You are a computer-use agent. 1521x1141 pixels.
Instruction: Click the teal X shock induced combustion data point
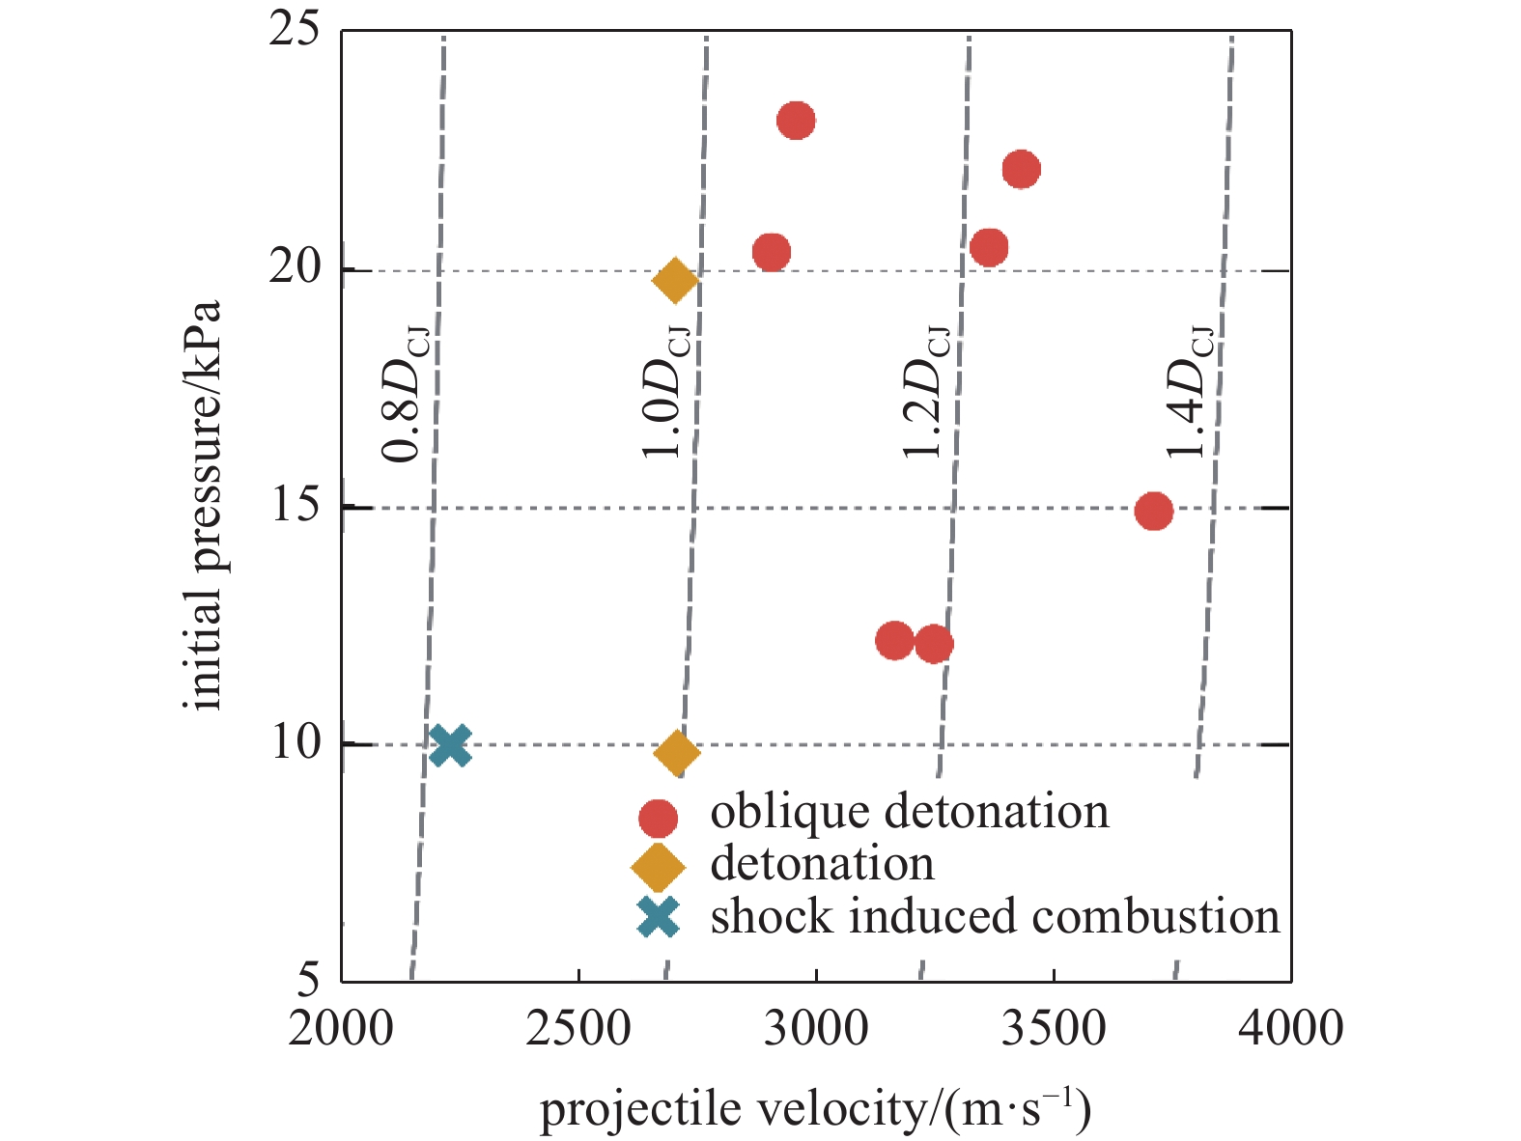[450, 745]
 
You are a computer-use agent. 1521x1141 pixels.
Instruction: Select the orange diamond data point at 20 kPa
[675, 280]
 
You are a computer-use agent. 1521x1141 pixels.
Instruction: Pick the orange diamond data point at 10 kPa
[676, 753]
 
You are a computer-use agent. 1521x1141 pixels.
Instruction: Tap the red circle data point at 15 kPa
[1153, 511]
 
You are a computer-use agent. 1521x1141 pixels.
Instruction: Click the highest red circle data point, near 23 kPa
[796, 121]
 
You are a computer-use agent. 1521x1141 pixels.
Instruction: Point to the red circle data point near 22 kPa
[1021, 170]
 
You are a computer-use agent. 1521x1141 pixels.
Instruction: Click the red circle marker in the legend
[658, 818]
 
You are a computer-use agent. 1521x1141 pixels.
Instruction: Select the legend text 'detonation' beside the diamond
[822, 863]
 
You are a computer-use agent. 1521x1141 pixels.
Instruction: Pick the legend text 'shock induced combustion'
[995, 916]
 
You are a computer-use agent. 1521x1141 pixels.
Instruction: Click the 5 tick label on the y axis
[307, 981]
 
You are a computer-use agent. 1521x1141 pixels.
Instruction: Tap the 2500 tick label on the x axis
[577, 1029]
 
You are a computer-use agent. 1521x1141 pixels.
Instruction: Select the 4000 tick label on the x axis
[1290, 1029]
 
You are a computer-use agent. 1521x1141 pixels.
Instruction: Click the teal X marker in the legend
[659, 917]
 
